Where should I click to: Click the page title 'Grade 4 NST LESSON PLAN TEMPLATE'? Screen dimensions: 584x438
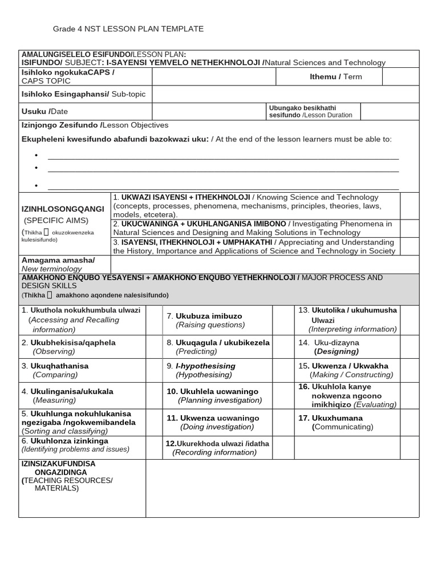(x=128, y=29)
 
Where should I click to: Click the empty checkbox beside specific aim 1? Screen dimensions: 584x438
(x=409, y=205)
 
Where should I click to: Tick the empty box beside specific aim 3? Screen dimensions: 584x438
(x=409, y=246)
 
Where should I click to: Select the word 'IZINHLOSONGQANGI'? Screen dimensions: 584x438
(x=63, y=209)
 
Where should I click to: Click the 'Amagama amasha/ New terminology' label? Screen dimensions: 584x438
(x=58, y=264)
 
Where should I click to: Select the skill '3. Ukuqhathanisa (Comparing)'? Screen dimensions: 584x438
(x=55, y=370)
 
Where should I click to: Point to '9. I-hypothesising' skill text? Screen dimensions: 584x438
(x=205, y=366)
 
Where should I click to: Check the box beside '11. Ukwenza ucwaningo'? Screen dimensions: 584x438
(x=283, y=422)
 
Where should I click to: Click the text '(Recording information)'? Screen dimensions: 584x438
(x=214, y=452)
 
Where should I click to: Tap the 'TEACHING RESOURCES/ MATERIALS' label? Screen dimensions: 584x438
(x=71, y=484)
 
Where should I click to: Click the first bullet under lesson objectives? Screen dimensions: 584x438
(x=36, y=156)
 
